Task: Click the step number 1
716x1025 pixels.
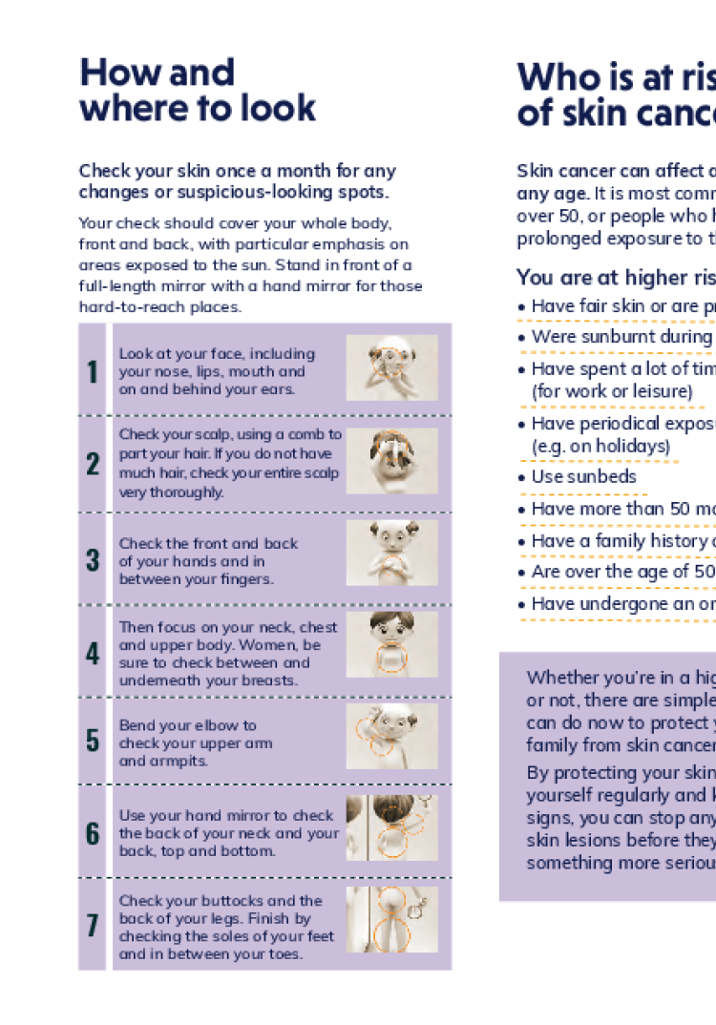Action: (x=93, y=371)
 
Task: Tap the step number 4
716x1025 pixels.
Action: (x=93, y=653)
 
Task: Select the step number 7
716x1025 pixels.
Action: (x=93, y=925)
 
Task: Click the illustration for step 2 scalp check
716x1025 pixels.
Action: (x=391, y=461)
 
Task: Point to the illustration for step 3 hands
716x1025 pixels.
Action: (x=391, y=553)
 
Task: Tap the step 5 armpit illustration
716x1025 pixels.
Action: (x=391, y=736)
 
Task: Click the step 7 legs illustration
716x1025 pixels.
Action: (x=391, y=919)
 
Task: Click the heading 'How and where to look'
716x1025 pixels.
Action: (x=197, y=90)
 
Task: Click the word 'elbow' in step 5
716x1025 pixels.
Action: (x=213, y=725)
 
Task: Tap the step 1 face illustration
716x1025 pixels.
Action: (x=391, y=367)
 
